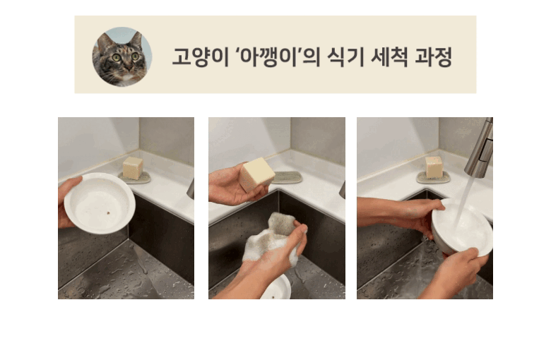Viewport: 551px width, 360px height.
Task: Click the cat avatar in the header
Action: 122,56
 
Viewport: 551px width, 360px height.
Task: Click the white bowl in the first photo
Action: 100,203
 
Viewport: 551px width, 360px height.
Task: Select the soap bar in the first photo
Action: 133,167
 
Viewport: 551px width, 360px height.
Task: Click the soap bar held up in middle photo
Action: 256,174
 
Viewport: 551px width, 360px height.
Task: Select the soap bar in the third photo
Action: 434,167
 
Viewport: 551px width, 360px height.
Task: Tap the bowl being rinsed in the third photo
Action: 463,229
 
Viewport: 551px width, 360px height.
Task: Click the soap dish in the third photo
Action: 433,179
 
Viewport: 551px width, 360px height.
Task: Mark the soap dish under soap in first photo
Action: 135,179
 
